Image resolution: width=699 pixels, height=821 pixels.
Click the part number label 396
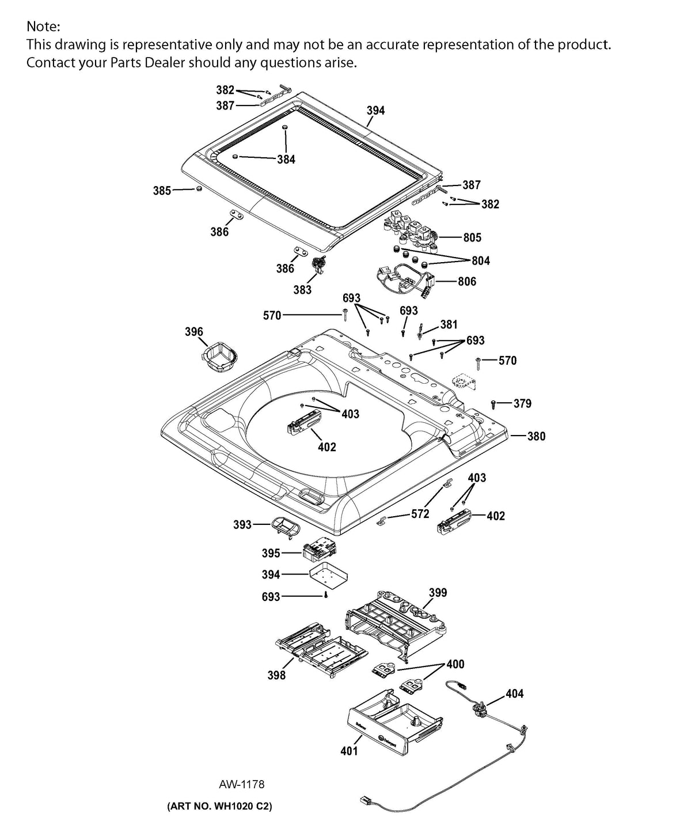click(x=194, y=331)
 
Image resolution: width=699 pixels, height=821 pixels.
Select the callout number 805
click(x=472, y=237)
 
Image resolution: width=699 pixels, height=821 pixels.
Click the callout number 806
click(x=467, y=281)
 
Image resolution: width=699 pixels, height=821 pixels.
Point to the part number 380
click(x=536, y=436)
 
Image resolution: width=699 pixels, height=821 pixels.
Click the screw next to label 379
click(x=494, y=403)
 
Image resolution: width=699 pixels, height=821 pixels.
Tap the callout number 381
click(x=449, y=324)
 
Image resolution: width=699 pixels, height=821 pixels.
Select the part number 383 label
click(x=302, y=290)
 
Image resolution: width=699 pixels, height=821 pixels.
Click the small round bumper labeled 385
click(x=199, y=189)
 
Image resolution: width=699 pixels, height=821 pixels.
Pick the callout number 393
click(x=242, y=524)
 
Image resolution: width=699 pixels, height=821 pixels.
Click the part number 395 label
click(x=271, y=553)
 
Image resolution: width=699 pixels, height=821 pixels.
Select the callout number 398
click(x=276, y=675)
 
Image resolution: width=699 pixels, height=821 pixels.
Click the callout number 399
click(x=438, y=592)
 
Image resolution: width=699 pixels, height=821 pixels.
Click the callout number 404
click(x=514, y=694)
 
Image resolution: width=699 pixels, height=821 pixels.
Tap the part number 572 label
click(x=420, y=514)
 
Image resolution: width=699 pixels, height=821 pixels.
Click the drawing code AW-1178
click(x=242, y=784)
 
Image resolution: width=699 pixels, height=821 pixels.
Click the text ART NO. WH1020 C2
click(x=219, y=805)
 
